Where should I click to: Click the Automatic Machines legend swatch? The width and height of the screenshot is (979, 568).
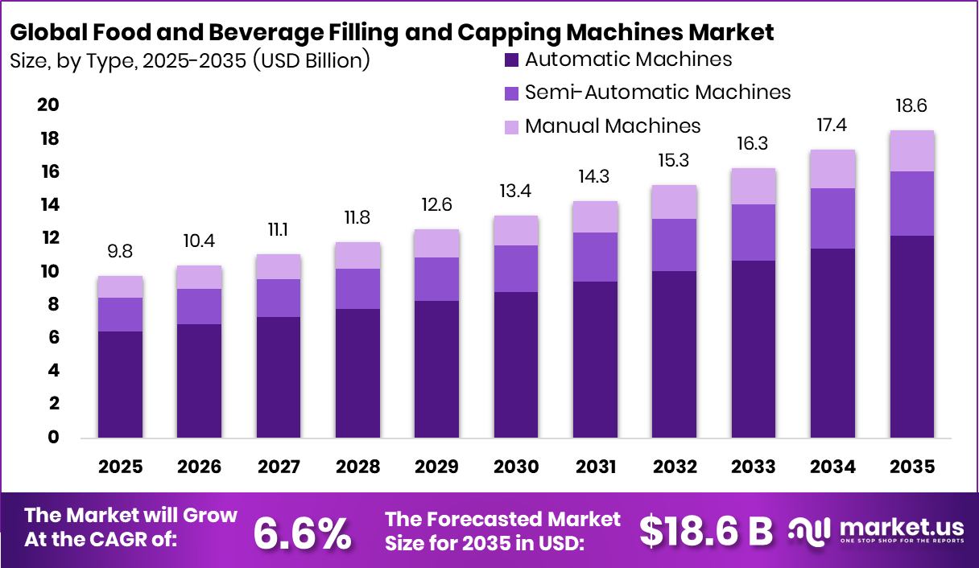point(511,60)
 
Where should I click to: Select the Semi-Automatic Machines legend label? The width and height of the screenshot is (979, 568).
point(657,93)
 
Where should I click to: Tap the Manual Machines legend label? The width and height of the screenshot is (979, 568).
point(612,126)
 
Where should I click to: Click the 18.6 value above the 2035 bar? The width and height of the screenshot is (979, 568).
point(912,106)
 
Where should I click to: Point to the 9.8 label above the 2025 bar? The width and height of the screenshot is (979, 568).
point(120,252)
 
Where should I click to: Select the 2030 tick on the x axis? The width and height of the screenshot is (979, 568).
point(516,467)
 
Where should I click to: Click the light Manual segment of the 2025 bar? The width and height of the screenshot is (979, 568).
point(121,286)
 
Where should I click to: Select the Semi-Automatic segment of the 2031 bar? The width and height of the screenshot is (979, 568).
point(595,257)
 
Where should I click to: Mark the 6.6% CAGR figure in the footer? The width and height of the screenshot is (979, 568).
point(303,532)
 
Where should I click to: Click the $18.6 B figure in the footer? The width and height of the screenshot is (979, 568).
point(706,531)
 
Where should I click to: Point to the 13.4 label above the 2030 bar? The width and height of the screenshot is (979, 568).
point(516,191)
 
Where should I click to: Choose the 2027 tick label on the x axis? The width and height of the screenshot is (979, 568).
point(279,467)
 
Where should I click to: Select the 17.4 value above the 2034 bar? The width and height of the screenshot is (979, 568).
point(832,126)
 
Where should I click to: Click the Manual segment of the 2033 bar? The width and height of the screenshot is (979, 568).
point(754,186)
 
